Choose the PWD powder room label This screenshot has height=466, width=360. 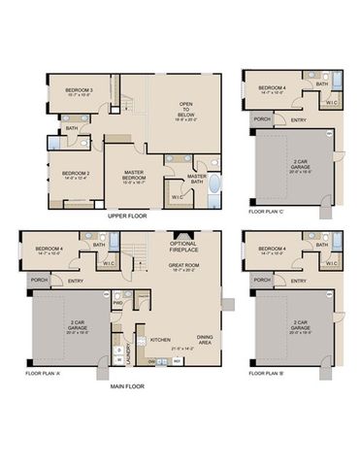pyautogui.click(x=116, y=302)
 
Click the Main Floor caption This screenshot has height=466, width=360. pyautogui.click(x=126, y=384)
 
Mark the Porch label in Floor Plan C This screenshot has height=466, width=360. pyautogui.click(x=262, y=118)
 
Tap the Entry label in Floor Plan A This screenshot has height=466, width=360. pyautogui.click(x=75, y=282)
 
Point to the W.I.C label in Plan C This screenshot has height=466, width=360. pyautogui.click(x=331, y=101)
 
